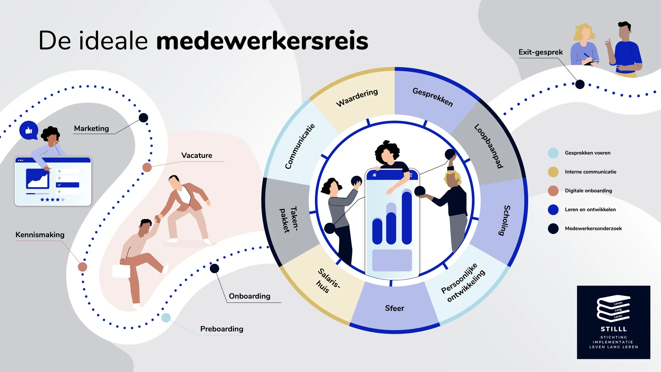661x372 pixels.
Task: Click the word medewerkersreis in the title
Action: [x=262, y=41]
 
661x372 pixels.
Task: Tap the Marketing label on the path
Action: [x=91, y=128]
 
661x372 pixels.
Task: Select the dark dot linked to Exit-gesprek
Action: [x=580, y=84]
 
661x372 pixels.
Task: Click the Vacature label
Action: [x=197, y=155]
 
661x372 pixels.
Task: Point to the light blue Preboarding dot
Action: [x=166, y=318]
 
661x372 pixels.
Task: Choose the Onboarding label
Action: [x=250, y=296]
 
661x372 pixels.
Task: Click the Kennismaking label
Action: [x=40, y=235]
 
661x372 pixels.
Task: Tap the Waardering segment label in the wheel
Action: [x=357, y=98]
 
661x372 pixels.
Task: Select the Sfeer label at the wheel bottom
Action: [x=395, y=308]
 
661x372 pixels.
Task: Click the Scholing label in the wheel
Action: [x=505, y=220]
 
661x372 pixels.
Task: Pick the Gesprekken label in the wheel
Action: [x=433, y=97]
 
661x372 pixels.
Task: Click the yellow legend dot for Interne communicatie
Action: [x=553, y=172]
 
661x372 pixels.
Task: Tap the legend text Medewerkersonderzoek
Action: [x=593, y=228]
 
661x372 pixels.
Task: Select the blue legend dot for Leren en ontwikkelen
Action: [x=553, y=209]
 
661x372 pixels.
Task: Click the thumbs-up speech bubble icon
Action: [x=29, y=130]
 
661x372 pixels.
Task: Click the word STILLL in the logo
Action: [x=613, y=329]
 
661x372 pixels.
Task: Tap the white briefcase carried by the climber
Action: [x=121, y=271]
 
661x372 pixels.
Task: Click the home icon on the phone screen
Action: [x=374, y=175]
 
